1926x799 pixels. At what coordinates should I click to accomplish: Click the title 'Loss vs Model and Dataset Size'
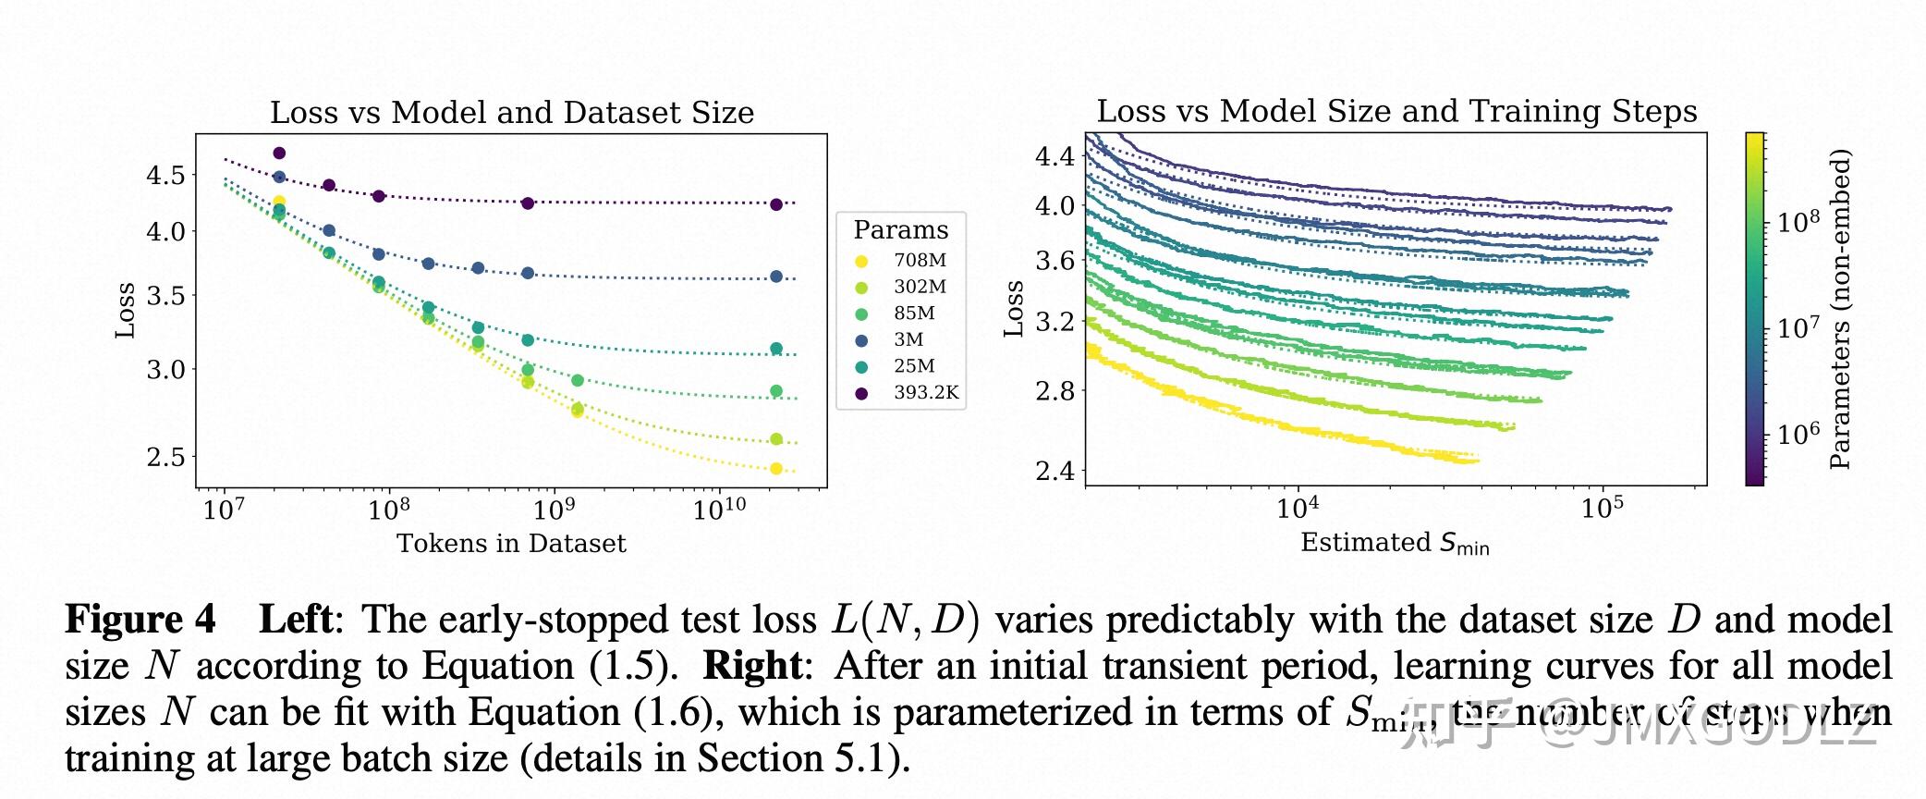click(512, 113)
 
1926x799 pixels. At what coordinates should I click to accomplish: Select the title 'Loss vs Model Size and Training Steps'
click(1396, 111)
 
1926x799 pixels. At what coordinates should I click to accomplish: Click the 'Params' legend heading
click(900, 229)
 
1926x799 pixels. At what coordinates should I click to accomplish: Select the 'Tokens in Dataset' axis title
click(511, 544)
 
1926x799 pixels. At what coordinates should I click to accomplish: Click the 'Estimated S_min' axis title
click(1395, 543)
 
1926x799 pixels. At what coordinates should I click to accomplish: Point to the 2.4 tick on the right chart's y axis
click(1054, 471)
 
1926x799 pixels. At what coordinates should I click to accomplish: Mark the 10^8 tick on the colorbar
click(1798, 222)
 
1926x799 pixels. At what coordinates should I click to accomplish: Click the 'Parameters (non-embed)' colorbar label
click(1840, 309)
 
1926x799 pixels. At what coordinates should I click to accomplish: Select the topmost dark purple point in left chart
click(279, 154)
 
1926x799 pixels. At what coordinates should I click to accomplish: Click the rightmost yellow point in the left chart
click(776, 469)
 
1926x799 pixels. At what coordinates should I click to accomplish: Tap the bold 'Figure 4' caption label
click(140, 620)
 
